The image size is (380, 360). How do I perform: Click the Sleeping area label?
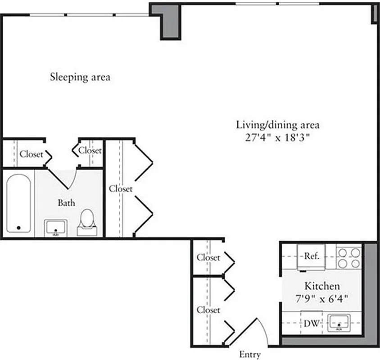point(80,77)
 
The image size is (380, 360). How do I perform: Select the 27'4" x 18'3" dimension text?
point(278,138)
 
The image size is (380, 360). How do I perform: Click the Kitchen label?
point(322,286)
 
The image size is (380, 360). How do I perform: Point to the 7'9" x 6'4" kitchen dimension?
point(322,297)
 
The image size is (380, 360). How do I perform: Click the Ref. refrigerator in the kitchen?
point(312,256)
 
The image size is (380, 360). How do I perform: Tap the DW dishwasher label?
point(311,323)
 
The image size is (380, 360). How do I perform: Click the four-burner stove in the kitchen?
point(349,257)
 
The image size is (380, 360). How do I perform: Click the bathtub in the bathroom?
point(18,203)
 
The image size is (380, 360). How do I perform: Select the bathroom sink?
point(56,227)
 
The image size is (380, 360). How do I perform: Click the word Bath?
point(66,203)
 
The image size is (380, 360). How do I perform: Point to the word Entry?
point(249,354)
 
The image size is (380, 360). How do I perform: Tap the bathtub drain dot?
point(18,228)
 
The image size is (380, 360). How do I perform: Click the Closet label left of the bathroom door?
point(31,154)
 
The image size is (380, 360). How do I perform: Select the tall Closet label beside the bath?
point(121,189)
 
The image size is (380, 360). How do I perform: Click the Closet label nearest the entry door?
point(208,310)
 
